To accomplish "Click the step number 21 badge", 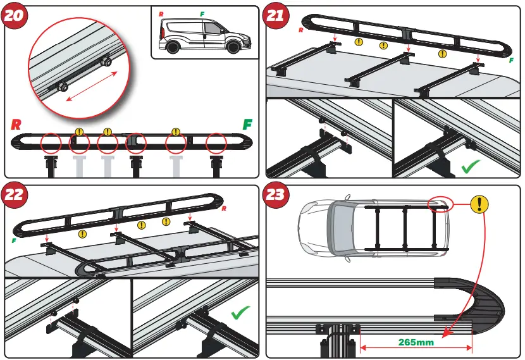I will pos(276,16).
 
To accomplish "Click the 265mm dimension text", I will pos(416,343).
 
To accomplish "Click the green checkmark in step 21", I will pos(472,167).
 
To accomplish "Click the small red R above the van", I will pos(161,13).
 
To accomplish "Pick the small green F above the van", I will pos(202,13).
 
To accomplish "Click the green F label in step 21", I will pos(510,61).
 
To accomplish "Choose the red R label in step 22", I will pos(225,209).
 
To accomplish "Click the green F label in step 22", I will pos(13,241).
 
